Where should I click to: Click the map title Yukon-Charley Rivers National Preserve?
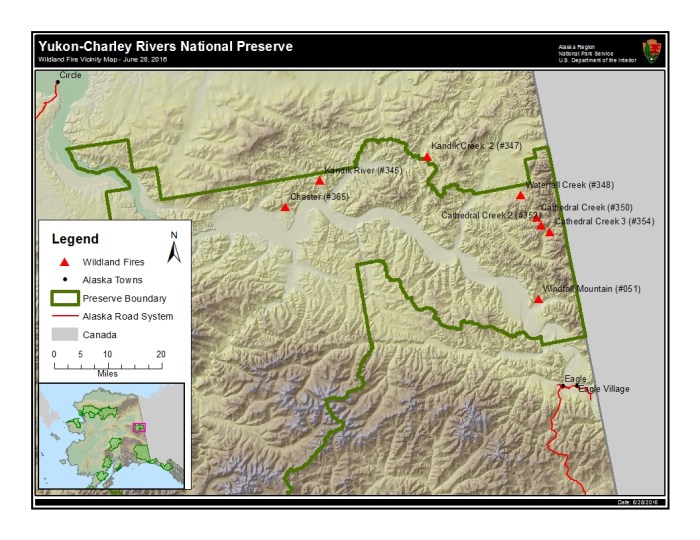tap(165, 45)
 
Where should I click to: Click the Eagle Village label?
tap(604, 388)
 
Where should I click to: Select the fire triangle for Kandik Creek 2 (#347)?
tap(427, 157)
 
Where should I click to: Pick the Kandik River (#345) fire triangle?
tap(320, 181)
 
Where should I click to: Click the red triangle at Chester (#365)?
tap(285, 207)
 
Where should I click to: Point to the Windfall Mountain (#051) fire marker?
tap(538, 299)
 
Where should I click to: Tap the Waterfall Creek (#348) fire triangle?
tap(520, 195)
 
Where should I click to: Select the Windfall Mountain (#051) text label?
tap(591, 289)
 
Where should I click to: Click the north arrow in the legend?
tap(173, 248)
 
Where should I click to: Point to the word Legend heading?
tap(75, 239)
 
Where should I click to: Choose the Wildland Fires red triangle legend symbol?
tap(63, 261)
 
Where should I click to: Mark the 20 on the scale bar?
tap(160, 355)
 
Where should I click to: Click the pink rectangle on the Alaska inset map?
tap(139, 427)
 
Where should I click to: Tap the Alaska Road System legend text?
tap(128, 316)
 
